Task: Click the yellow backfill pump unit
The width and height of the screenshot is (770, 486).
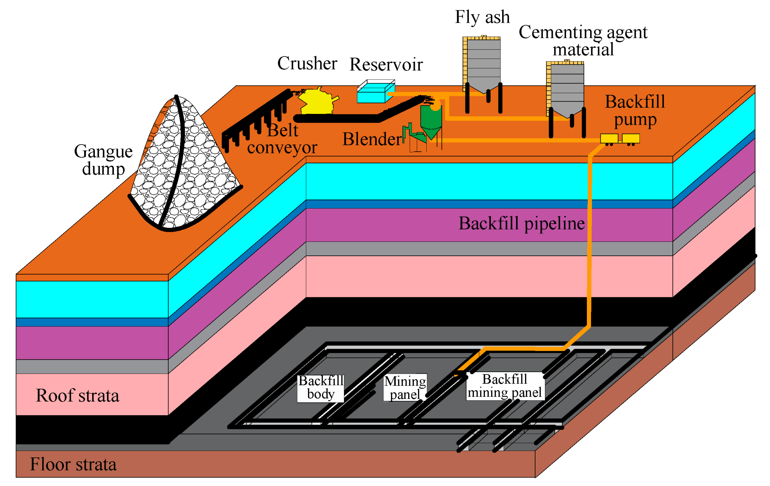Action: click(x=619, y=138)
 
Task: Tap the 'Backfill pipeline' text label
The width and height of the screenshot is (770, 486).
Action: click(x=521, y=223)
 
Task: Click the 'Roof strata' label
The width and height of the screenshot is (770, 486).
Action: click(x=78, y=396)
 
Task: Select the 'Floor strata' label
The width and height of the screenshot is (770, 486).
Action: click(x=73, y=464)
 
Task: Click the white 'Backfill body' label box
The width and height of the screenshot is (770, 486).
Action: click(x=321, y=388)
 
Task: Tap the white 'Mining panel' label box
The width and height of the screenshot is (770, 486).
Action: click(x=405, y=388)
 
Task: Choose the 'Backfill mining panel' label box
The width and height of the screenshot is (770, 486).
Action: click(x=505, y=386)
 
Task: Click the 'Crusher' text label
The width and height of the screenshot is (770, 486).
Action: click(x=307, y=63)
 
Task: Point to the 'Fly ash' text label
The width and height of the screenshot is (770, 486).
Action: click(x=482, y=17)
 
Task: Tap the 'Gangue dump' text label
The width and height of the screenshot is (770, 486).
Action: click(x=103, y=160)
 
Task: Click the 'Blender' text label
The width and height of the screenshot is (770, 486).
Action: click(x=372, y=139)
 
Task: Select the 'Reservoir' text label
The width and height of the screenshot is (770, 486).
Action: click(x=386, y=64)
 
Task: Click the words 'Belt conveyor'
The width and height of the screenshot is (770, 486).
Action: click(x=282, y=139)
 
